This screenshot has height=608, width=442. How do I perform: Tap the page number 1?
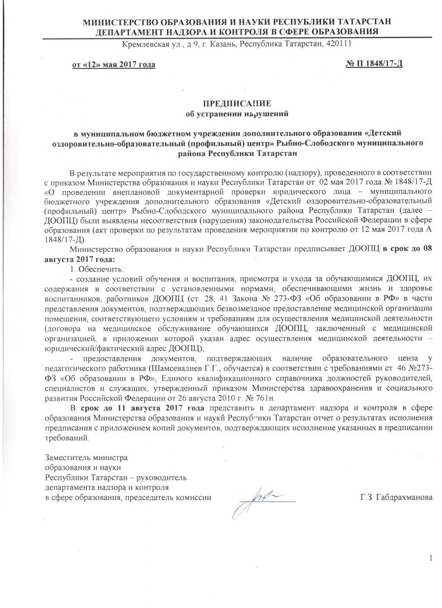pyautogui.click(x=431, y=559)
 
